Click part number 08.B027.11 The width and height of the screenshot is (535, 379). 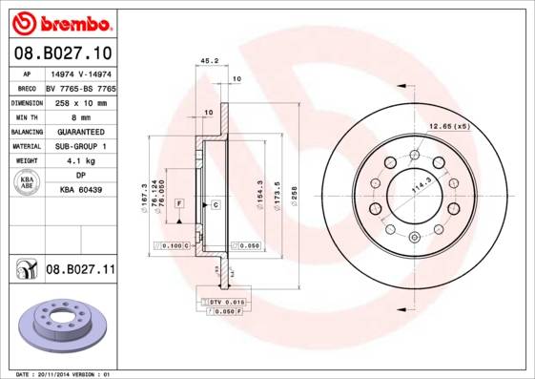tap(80, 270)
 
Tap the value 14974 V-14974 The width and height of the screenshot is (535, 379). tap(80, 73)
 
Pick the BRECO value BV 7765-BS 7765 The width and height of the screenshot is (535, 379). tap(80, 87)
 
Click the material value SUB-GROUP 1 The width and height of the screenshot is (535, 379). tap(80, 146)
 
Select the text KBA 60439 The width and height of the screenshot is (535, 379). tap(80, 191)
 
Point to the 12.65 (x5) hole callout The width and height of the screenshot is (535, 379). tap(449, 126)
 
